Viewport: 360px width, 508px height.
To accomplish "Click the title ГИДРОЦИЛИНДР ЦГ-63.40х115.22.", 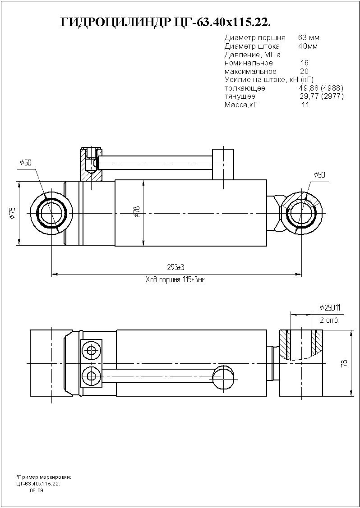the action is click(166, 23).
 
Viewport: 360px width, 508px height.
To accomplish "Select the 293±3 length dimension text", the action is click(176, 267).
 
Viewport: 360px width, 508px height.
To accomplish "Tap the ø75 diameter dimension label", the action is click(12, 213).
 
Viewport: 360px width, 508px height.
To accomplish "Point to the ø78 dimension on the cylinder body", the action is click(137, 211).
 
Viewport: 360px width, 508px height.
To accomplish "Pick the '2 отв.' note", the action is click(329, 320).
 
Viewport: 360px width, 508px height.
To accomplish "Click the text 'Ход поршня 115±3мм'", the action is click(176, 279).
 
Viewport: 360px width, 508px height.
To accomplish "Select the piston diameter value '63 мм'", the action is click(309, 37).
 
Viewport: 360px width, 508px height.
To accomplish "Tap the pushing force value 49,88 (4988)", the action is click(321, 88).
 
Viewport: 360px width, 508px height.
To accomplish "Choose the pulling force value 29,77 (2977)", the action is click(322, 96).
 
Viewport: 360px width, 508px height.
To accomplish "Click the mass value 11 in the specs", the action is click(305, 105).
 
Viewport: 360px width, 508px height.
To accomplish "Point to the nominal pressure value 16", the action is click(305, 63).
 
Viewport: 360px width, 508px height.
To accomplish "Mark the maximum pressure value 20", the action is click(305, 71).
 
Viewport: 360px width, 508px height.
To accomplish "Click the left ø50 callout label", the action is click(26, 163).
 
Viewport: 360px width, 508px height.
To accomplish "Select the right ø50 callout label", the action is click(319, 175).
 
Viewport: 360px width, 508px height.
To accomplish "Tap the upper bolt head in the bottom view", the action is click(90, 350).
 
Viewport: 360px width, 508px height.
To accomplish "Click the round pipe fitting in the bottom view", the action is click(223, 376).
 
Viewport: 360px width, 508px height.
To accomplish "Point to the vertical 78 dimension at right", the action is click(344, 363).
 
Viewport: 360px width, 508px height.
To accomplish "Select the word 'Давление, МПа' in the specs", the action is click(253, 55).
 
